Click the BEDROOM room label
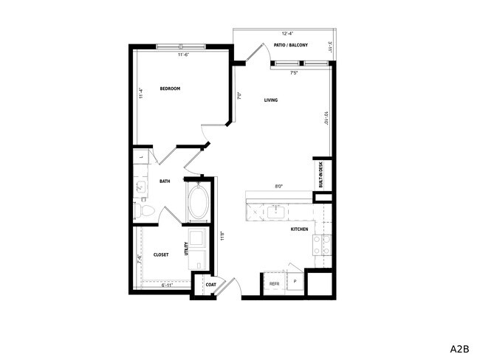(x=170, y=89)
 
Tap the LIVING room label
(x=271, y=100)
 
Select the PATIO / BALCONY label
(x=290, y=46)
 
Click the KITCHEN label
(x=299, y=229)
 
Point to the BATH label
(x=165, y=181)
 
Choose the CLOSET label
(x=161, y=255)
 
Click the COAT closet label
(x=210, y=284)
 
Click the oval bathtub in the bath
(x=199, y=203)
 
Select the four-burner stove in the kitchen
(x=322, y=244)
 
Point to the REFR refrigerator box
(x=274, y=283)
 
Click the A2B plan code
(x=461, y=347)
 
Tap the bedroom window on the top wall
(x=181, y=47)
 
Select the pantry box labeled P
(x=294, y=281)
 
